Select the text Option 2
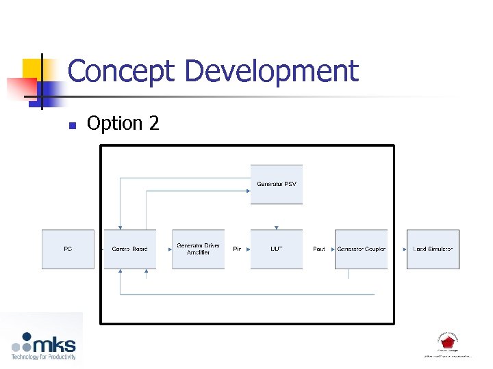(123, 124)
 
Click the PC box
(68, 249)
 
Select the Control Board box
(129, 249)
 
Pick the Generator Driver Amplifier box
(198, 249)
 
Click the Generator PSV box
(276, 184)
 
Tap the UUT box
(276, 249)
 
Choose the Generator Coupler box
(361, 249)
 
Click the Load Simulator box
(433, 249)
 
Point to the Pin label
(237, 249)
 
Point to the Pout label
(318, 249)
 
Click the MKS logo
(45, 342)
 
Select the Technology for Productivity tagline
(43, 357)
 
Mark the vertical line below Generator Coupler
(348, 273)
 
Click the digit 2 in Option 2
(153, 124)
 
